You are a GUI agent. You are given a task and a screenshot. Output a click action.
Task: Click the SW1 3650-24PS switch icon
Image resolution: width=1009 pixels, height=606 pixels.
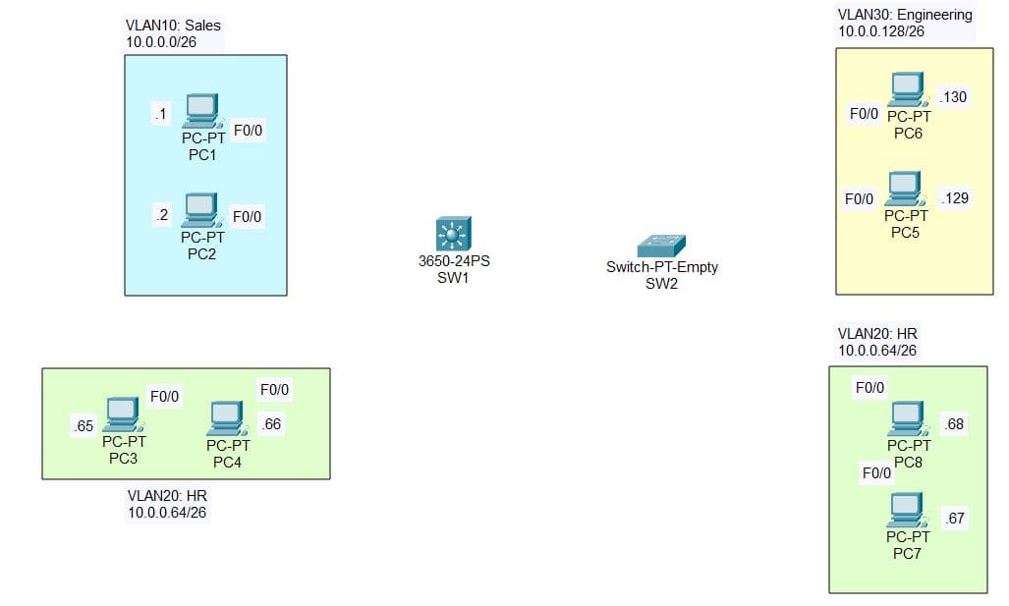click(453, 235)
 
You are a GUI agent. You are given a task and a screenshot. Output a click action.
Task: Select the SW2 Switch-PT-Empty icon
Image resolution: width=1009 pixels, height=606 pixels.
click(660, 246)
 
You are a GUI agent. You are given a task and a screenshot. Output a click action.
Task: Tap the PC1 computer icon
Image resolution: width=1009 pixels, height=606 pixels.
click(201, 111)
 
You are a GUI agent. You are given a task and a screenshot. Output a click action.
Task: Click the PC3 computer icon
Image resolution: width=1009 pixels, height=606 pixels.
click(123, 414)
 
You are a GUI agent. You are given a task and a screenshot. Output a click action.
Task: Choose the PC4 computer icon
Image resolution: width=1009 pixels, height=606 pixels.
click(226, 418)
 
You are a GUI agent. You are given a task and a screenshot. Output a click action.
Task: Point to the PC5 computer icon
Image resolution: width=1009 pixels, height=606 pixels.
click(905, 189)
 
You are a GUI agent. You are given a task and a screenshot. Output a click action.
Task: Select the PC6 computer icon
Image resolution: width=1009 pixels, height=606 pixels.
click(907, 89)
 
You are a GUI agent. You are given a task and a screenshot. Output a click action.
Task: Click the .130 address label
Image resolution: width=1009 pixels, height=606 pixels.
click(953, 97)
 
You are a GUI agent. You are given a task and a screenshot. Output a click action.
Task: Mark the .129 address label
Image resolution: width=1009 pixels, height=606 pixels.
click(954, 198)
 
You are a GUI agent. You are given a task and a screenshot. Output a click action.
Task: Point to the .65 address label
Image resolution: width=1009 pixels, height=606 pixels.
click(83, 426)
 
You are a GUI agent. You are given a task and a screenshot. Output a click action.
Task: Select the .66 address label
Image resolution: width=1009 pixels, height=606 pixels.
click(270, 424)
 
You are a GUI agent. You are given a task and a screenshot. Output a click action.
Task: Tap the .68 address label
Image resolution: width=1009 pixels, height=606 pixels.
click(954, 424)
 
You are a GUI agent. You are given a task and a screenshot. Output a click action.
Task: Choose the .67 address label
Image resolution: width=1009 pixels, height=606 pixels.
click(953, 519)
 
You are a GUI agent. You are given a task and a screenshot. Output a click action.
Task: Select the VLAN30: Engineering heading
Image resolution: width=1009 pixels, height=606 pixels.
click(905, 15)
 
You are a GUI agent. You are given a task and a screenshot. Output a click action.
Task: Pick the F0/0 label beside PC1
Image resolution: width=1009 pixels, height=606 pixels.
click(247, 129)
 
